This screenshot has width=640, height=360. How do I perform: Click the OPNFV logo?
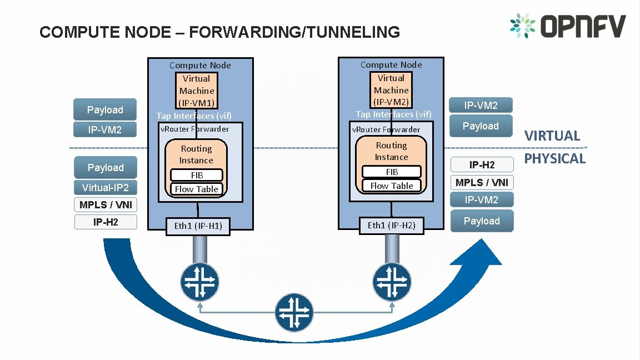click(567, 26)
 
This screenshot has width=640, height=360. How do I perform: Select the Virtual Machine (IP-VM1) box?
click(197, 91)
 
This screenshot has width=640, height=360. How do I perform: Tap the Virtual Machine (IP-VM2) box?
click(391, 90)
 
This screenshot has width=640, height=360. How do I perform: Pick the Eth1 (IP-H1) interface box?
click(197, 226)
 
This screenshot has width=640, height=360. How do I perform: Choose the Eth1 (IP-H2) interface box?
click(391, 225)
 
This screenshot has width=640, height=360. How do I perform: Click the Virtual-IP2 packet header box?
click(106, 187)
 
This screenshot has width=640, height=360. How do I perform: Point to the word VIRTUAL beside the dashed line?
click(552, 136)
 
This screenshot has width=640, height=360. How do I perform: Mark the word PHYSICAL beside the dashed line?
click(555, 159)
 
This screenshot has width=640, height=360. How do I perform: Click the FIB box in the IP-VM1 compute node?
click(196, 175)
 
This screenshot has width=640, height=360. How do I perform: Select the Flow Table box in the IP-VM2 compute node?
click(391, 186)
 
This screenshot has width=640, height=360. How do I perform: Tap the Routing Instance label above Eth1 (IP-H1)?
click(196, 154)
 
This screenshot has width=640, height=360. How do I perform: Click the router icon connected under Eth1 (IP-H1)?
click(199, 282)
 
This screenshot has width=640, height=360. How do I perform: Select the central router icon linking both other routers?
click(294, 313)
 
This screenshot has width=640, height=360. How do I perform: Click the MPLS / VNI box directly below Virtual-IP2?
click(106, 205)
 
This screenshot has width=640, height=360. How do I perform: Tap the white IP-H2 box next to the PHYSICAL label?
click(482, 165)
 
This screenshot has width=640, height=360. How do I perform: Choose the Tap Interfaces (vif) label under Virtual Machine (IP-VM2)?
click(393, 114)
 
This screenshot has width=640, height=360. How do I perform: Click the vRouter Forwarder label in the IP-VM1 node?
click(194, 129)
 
